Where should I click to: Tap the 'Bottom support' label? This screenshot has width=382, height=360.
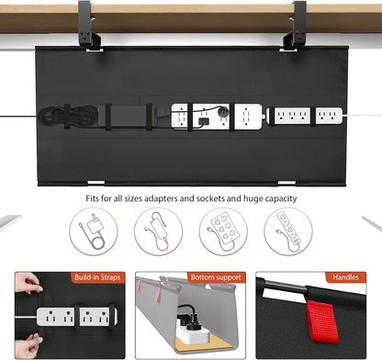(x=217, y=276)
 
